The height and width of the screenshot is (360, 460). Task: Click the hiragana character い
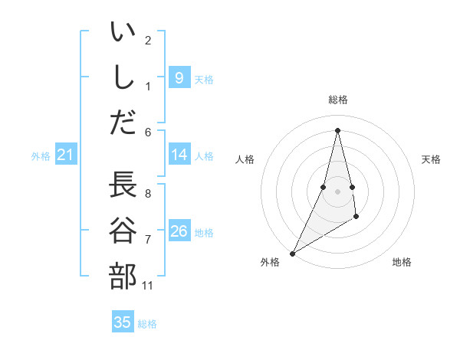point(123,34)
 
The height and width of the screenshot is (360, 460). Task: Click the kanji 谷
point(123,231)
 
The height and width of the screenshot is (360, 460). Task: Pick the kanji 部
point(123,276)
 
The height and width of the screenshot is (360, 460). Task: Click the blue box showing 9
point(179,77)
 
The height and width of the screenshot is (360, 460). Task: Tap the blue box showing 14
point(179,155)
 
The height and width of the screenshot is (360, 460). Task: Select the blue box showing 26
point(179,231)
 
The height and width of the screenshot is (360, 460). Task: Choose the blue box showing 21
point(65,155)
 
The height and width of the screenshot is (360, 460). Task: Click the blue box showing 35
point(123,322)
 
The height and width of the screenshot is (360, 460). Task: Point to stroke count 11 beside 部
point(148,286)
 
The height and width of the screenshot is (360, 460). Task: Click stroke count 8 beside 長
point(148,193)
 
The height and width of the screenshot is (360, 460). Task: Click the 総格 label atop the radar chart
point(337,100)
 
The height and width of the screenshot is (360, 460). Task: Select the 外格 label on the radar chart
point(270,262)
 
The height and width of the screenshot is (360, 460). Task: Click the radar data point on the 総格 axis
point(337,130)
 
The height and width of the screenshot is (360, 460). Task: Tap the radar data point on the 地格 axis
point(356,218)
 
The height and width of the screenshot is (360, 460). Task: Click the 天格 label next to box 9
point(204,80)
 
